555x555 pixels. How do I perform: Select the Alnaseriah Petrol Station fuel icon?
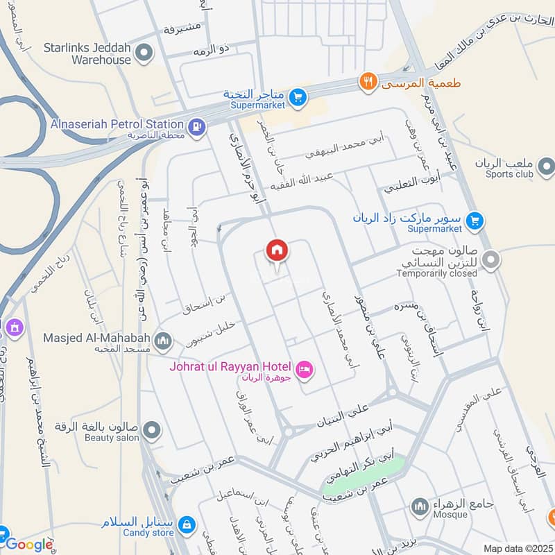pyautogui.click(x=197, y=126)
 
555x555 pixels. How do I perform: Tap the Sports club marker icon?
pyautogui.click(x=546, y=166)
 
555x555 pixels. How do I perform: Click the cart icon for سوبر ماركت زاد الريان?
pyautogui.click(x=475, y=221)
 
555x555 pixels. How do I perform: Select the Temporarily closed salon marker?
pyautogui.click(x=491, y=261)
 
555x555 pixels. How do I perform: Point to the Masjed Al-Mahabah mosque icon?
pyautogui.click(x=163, y=340)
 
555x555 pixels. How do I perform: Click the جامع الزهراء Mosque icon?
pyautogui.click(x=419, y=506)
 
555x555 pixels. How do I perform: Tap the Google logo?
pyautogui.click(x=29, y=545)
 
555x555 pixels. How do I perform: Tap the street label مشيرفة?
pyautogui.click(x=182, y=28)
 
